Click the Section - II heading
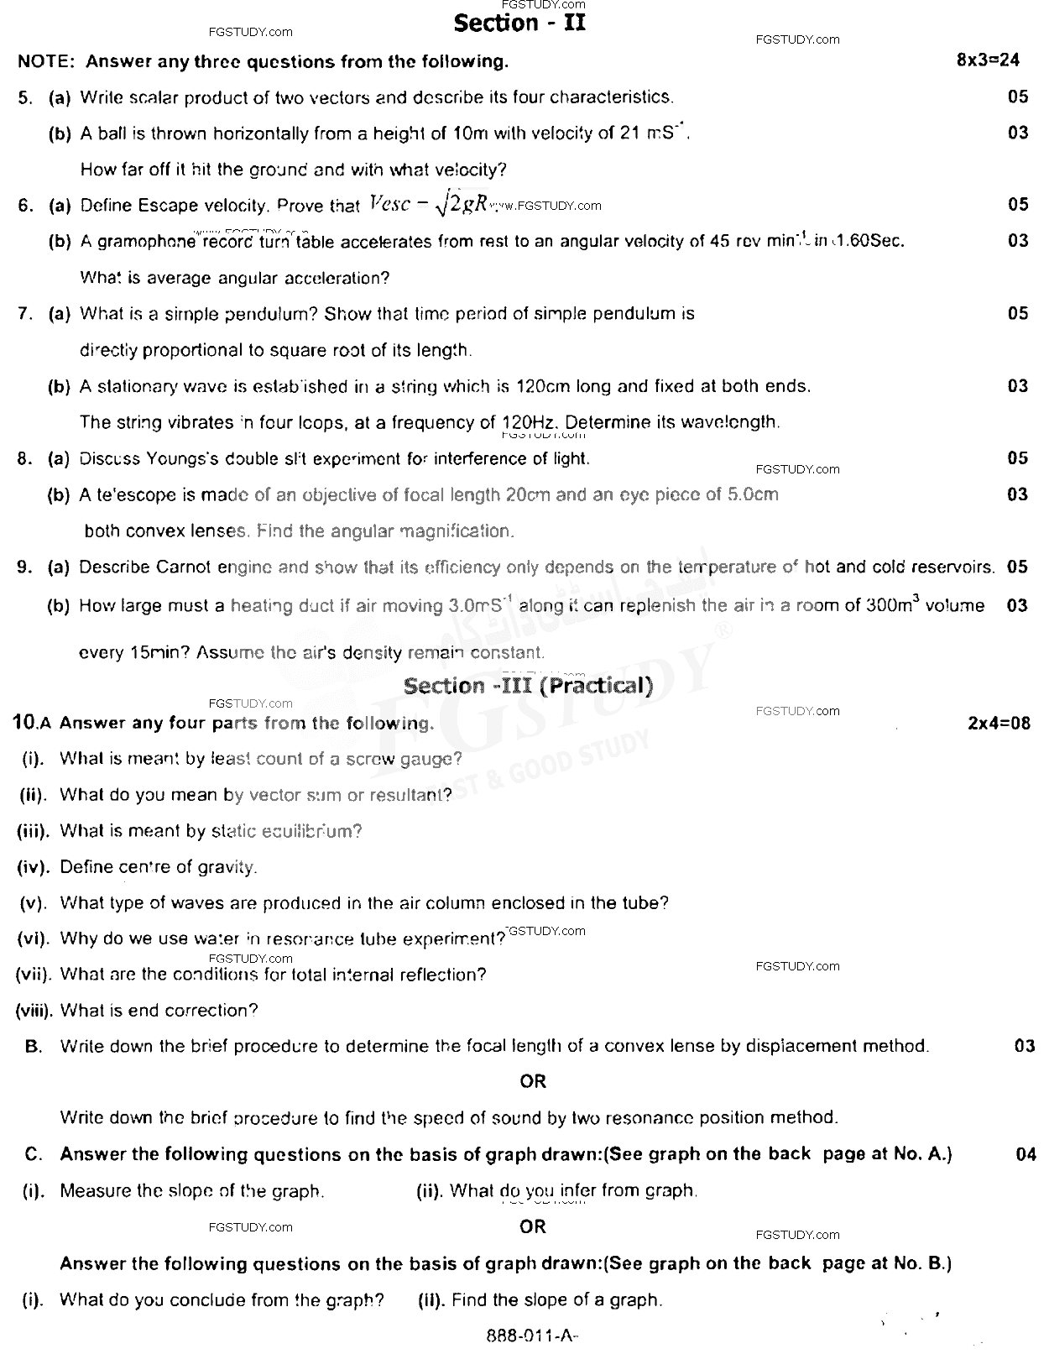click(x=519, y=24)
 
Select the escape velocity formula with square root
click(x=428, y=205)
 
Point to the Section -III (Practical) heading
click(x=528, y=686)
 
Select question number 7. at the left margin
click(x=25, y=314)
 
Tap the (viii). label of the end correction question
click(x=34, y=1011)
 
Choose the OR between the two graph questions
click(x=533, y=1226)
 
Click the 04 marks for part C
click(x=1026, y=1154)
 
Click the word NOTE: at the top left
click(x=47, y=61)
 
